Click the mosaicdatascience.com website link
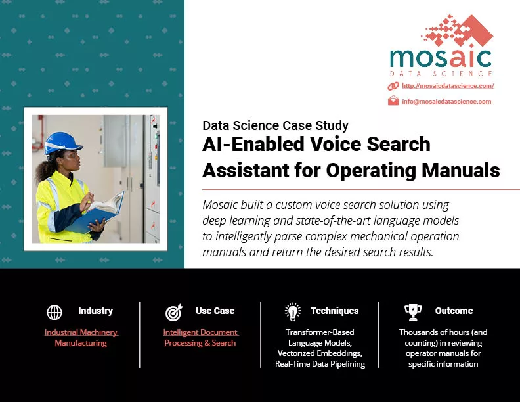pyautogui.click(x=448, y=86)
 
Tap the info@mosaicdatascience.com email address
pyautogui.click(x=446, y=102)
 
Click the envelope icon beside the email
pyautogui.click(x=393, y=100)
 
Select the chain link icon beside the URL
pyautogui.click(x=393, y=86)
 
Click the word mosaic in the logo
pyautogui.click(x=441, y=58)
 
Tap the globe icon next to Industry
pyautogui.click(x=54, y=312)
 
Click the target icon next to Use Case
pyautogui.click(x=174, y=312)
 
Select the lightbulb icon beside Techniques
pyautogui.click(x=293, y=312)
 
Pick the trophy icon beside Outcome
pyautogui.click(x=413, y=313)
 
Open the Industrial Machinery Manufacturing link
pyautogui.click(x=81, y=338)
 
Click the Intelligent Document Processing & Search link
pyautogui.click(x=201, y=338)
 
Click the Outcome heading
pyautogui.click(x=454, y=311)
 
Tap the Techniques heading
pyautogui.click(x=335, y=311)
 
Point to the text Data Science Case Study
pyautogui.click(x=275, y=125)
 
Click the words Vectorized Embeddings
pyautogui.click(x=319, y=353)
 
